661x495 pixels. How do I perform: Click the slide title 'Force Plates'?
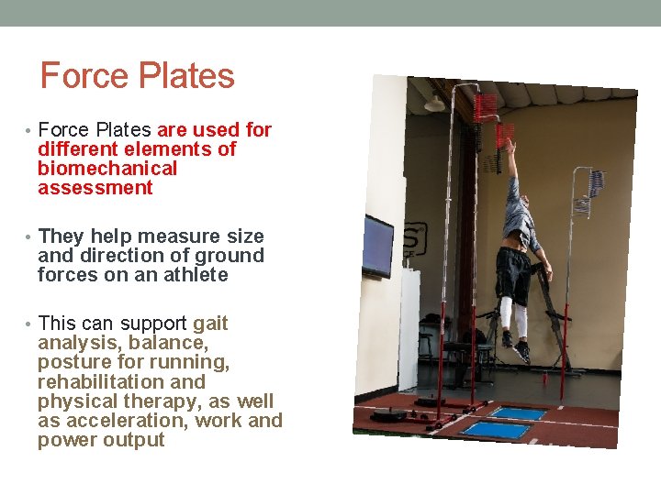coord(138,76)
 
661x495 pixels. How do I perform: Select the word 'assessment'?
coord(95,188)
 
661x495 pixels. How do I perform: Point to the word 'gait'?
coord(210,324)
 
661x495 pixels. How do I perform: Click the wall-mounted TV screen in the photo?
coord(377,246)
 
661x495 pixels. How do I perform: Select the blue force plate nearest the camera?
coord(495,429)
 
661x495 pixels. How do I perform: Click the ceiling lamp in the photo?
coord(435,104)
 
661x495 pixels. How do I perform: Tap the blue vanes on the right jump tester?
coord(594,183)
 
